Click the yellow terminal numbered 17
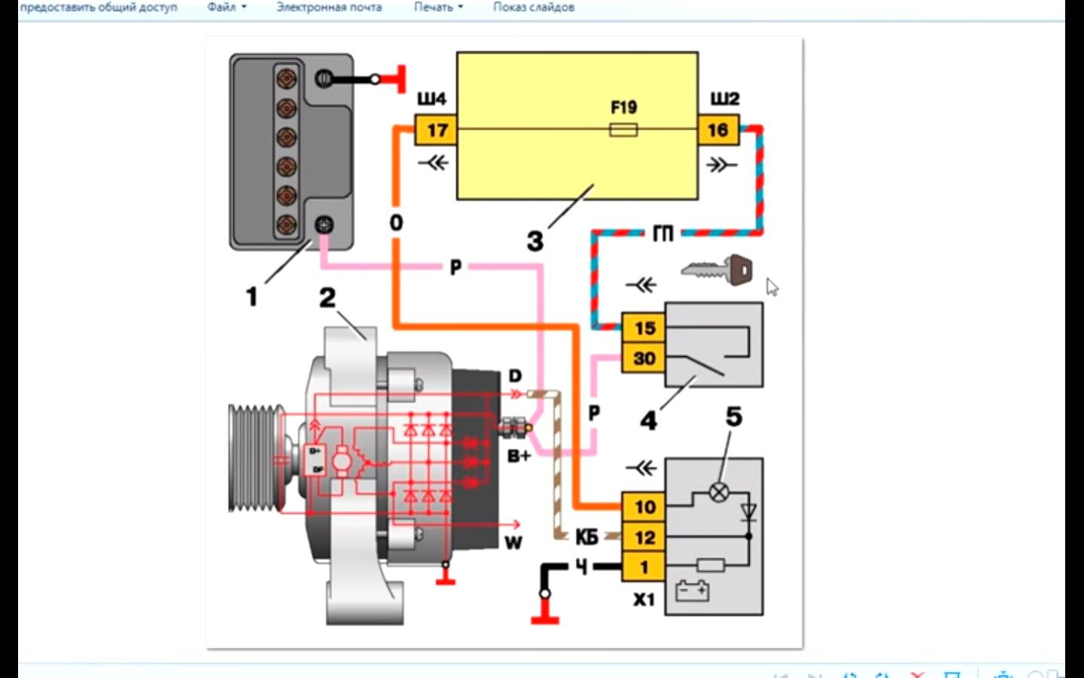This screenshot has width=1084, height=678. pyautogui.click(x=437, y=130)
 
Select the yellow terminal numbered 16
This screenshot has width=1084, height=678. pyautogui.click(x=717, y=130)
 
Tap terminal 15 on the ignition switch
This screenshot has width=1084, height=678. pyautogui.click(x=644, y=328)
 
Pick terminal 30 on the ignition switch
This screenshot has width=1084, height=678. pyautogui.click(x=644, y=359)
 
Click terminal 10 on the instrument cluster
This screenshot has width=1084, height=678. pyautogui.click(x=644, y=507)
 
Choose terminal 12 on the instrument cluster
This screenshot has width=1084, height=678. pyautogui.click(x=644, y=537)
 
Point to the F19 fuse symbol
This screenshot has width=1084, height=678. pyautogui.click(x=623, y=130)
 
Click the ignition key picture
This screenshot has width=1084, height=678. pyautogui.click(x=717, y=270)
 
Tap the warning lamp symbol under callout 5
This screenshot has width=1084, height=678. pyautogui.click(x=719, y=493)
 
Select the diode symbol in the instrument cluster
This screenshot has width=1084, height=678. pyautogui.click(x=748, y=512)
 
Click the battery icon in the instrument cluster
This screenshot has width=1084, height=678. pyautogui.click(x=692, y=590)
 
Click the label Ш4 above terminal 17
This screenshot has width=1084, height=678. pyautogui.click(x=431, y=99)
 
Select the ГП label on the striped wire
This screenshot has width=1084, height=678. pyautogui.click(x=662, y=234)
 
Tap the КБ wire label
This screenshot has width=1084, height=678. pyautogui.click(x=586, y=537)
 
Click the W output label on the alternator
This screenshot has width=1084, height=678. pyautogui.click(x=513, y=542)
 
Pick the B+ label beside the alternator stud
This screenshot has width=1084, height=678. pyautogui.click(x=519, y=456)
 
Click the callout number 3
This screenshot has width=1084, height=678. pyautogui.click(x=534, y=242)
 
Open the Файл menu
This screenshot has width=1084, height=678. pyautogui.click(x=226, y=8)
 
